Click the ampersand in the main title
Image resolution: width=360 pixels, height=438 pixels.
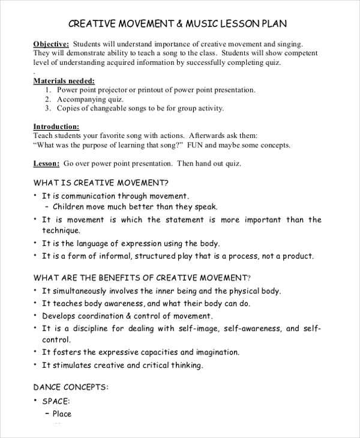[x=180, y=24]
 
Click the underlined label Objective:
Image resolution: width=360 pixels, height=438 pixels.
[x=51, y=44]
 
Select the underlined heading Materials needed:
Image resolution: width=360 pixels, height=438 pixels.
[x=64, y=80]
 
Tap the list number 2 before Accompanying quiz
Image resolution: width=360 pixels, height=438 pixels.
[x=47, y=99]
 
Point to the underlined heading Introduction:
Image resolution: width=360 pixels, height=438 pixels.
[x=56, y=127]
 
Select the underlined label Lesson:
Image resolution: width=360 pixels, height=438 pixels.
[x=46, y=163]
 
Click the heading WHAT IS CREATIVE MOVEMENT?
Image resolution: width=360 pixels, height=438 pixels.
[x=101, y=182]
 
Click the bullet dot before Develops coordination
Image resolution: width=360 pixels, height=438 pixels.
[x=35, y=316]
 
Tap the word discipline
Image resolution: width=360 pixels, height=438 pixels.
[x=87, y=328]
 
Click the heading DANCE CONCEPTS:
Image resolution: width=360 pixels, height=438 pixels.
[x=71, y=388]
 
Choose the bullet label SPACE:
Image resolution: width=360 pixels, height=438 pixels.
[x=56, y=401]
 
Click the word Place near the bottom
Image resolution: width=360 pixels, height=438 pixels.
[x=62, y=413]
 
